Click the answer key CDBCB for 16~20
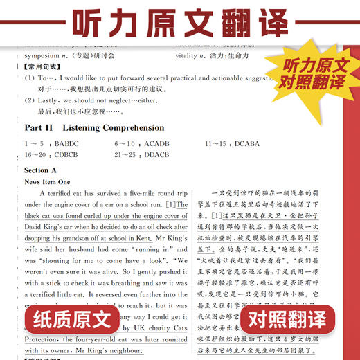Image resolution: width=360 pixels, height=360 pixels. (66, 154)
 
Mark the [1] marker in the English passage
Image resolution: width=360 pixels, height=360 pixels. (171, 204)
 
